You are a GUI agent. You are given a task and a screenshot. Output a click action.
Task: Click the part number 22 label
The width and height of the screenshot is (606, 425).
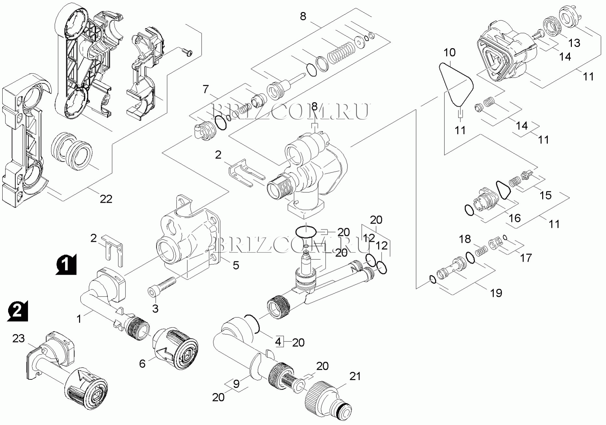pyautogui.click(x=106, y=199)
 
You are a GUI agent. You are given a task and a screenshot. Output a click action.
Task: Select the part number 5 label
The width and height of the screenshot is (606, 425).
pyautogui.click(x=236, y=265)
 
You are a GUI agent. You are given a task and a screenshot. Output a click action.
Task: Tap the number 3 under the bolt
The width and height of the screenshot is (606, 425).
pyautogui.click(x=155, y=308)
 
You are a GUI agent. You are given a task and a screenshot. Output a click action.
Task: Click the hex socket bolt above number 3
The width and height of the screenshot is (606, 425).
pyautogui.click(x=161, y=286)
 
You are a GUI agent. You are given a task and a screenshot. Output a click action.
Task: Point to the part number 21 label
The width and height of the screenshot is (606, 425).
pyautogui.click(x=355, y=377)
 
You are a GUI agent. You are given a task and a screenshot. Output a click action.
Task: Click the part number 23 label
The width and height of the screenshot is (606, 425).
pyautogui.click(x=19, y=338)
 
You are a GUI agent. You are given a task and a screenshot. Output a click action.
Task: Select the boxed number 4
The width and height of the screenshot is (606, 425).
pyautogui.click(x=278, y=342)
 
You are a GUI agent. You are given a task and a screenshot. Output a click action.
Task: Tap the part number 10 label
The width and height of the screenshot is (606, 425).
pyautogui.click(x=450, y=52)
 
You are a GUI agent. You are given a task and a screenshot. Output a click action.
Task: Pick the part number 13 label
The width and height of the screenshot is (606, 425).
pyautogui.click(x=574, y=43)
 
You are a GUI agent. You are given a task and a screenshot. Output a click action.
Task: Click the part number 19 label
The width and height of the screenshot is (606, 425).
pyautogui.click(x=496, y=293)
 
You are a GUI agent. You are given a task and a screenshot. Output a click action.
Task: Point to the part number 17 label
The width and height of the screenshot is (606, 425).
pyautogui.click(x=526, y=258)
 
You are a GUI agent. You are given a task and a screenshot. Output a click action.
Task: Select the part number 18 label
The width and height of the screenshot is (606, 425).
pyautogui.click(x=465, y=239)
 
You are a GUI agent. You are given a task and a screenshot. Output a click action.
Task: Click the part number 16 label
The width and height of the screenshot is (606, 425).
pyautogui.click(x=515, y=218)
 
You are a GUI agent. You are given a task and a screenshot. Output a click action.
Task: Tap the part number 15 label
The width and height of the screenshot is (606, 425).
pyautogui.click(x=545, y=195)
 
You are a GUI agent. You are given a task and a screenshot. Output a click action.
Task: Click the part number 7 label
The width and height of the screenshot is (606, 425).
pyautogui.click(x=206, y=89)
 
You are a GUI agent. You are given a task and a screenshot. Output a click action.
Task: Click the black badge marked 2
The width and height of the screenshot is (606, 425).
pyautogui.click(x=17, y=310)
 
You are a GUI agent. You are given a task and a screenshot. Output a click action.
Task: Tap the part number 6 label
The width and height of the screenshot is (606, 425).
pyautogui.click(x=142, y=363)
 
